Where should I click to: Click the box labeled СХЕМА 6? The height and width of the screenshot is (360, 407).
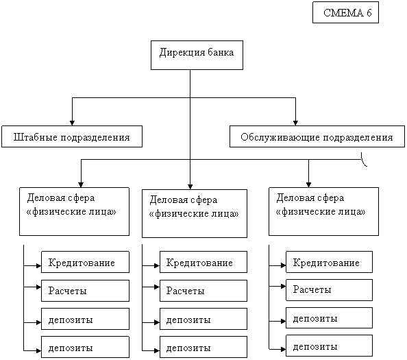pos(345,12)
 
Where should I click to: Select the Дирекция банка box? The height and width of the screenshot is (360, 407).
pos(197,55)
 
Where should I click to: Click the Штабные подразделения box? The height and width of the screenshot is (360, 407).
pos(72,136)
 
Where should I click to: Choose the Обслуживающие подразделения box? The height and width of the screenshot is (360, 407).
pos(317,136)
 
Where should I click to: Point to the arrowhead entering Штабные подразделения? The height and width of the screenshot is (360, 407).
pos(72,123)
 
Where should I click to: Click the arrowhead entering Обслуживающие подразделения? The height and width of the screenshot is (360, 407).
pos(295,123)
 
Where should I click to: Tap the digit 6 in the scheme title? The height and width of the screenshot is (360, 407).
pos(369,13)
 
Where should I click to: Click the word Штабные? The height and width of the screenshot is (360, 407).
pos(36,137)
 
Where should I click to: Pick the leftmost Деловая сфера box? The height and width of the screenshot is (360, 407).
pos(74,211)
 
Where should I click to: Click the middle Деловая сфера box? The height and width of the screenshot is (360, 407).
pos(195,213)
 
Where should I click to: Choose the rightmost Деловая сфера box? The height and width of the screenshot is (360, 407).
pos(323,211)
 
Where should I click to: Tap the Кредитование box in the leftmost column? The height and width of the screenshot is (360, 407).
pos(85,262)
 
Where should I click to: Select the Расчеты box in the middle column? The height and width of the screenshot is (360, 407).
pos(203,291)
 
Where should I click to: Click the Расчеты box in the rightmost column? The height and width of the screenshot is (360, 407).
pos(329,290)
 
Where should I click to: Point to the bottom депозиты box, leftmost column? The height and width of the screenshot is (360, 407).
pos(85,347)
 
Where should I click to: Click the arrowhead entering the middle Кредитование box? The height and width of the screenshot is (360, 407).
pos(157,266)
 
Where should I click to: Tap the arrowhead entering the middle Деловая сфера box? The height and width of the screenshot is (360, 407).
pos(190,187)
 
